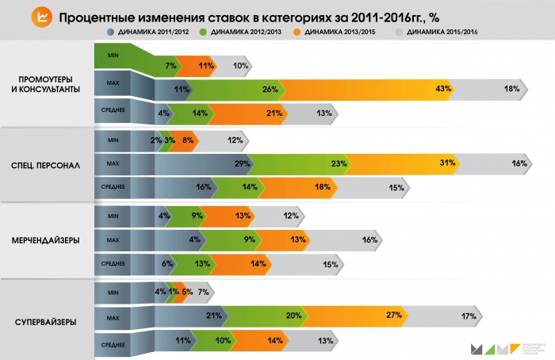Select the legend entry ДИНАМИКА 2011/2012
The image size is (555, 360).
tap(150, 32)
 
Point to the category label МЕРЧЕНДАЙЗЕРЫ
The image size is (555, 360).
tap(47, 241)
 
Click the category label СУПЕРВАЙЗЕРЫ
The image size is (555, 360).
tap(47, 321)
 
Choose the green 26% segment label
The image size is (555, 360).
tap(268, 89)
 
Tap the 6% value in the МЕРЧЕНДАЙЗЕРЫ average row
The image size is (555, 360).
tap(166, 264)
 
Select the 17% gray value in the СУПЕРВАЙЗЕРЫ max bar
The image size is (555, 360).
tap(468, 316)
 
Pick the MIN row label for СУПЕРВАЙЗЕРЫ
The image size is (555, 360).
tap(112, 290)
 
